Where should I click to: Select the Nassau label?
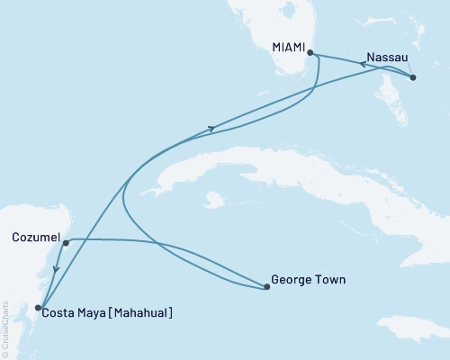coord(388,55)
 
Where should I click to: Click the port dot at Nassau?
coord(412,77)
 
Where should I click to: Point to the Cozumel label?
coord(35,238)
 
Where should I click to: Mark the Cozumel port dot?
coord(66,243)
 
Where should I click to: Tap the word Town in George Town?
coord(329,280)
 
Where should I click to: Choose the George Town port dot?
coord(267,288)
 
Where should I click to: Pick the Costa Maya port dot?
coord(37,308)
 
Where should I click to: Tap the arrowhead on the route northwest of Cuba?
coord(211,129)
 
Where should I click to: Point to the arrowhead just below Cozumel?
coord(56,267)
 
